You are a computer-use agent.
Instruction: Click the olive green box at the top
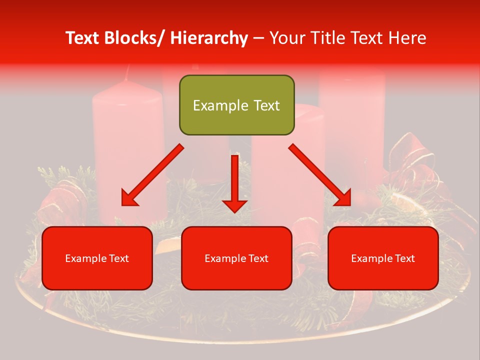(x=236, y=105)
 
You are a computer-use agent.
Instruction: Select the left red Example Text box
(x=97, y=258)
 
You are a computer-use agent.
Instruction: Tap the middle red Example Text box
(x=236, y=258)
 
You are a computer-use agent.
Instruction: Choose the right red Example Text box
(x=383, y=258)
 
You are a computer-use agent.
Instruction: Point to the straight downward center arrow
(x=234, y=180)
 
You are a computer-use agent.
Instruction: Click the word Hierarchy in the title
(x=209, y=38)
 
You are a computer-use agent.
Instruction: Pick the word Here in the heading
(x=407, y=38)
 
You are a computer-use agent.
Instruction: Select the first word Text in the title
(x=83, y=38)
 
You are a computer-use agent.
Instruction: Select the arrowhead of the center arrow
(x=234, y=205)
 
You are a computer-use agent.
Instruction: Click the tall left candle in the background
(x=129, y=150)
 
